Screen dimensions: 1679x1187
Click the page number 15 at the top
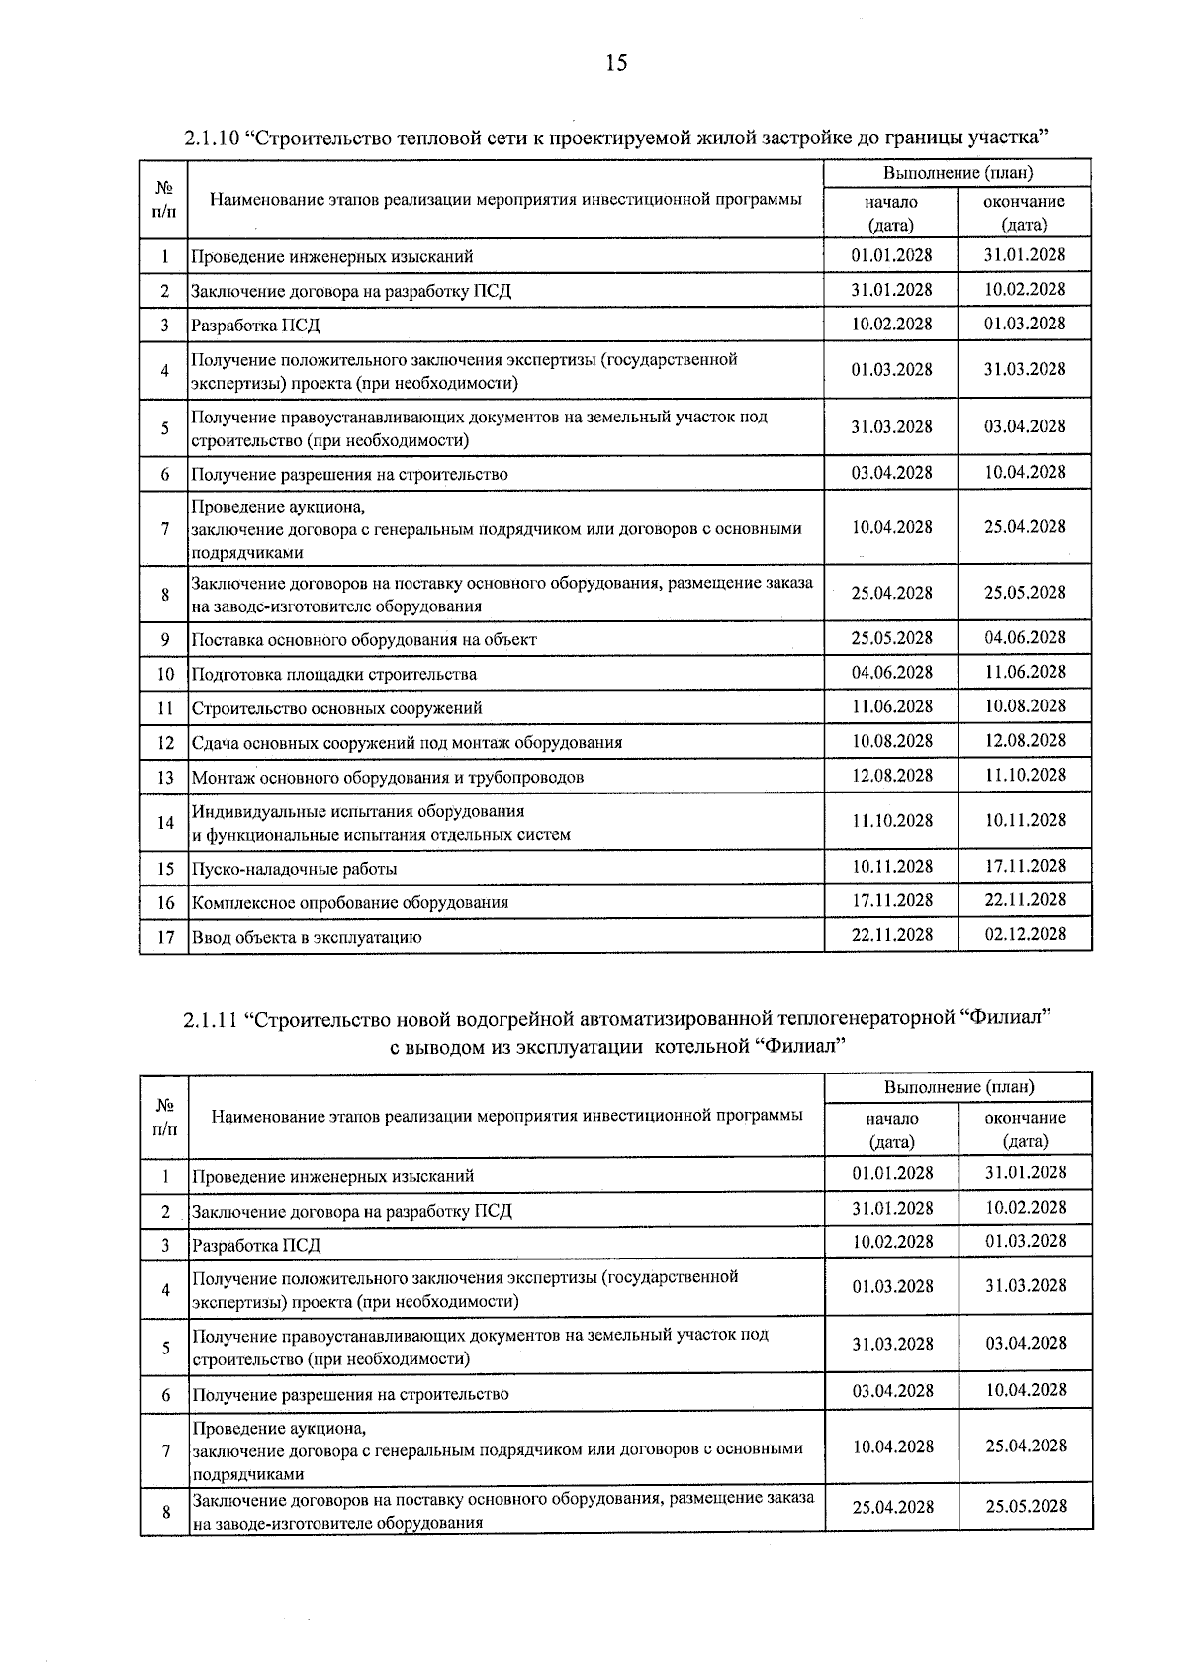[615, 64]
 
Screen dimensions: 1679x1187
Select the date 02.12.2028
[1025, 934]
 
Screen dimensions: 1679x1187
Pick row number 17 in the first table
[165, 936]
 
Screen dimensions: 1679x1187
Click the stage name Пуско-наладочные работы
[294, 869]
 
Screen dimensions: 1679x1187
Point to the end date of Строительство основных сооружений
[1025, 706]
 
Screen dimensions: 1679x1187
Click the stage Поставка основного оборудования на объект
[363, 640]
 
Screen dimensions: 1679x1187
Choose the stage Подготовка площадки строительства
[333, 675]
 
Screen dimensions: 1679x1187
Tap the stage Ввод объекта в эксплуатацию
[307, 937]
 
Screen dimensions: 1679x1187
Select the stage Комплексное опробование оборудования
[349, 902]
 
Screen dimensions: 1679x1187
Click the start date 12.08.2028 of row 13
[891, 775]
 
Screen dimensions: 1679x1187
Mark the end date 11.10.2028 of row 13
[1025, 775]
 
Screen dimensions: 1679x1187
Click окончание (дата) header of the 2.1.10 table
[1025, 213]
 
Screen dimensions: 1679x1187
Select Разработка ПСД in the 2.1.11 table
[256, 1245]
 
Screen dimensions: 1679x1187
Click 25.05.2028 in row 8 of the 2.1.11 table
[1026, 1506]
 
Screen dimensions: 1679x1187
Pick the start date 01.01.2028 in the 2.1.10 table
[891, 254]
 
